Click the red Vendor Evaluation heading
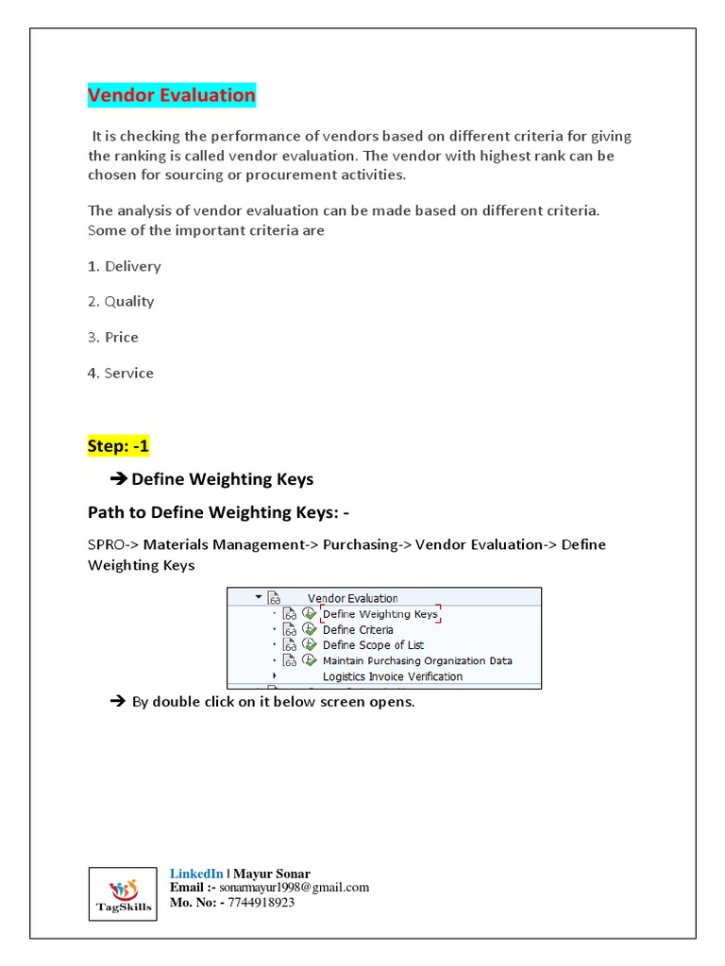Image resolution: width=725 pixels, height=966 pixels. tap(171, 95)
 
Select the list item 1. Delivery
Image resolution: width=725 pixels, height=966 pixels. tap(124, 266)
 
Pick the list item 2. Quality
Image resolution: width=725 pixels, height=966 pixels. tap(120, 302)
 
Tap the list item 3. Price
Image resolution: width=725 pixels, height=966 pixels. tap(112, 337)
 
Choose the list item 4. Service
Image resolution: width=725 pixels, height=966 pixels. tap(120, 373)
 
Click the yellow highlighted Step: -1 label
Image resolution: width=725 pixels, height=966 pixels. tap(119, 446)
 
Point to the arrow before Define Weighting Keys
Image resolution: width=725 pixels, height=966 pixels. tap(119, 479)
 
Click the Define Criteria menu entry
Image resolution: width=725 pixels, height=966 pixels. tap(358, 629)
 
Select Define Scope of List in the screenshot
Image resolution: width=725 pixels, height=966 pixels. tap(373, 645)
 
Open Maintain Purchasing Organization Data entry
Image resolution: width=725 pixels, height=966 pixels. tap(417, 660)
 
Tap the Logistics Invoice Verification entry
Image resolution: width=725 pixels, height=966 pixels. tap(393, 676)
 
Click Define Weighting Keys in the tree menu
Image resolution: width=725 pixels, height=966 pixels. tap(380, 614)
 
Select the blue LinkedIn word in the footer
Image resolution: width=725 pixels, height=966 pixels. tap(196, 874)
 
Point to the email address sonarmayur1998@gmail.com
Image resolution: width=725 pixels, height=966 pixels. tap(295, 888)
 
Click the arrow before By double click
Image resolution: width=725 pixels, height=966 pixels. tap(118, 702)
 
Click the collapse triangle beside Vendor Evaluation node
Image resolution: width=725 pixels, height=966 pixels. tap(258, 597)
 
